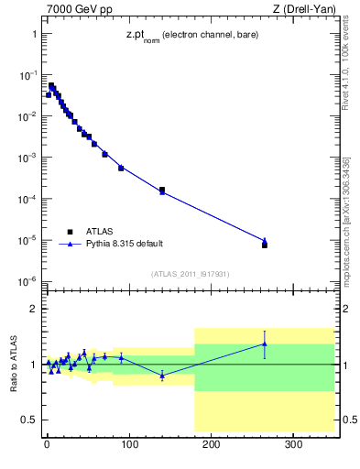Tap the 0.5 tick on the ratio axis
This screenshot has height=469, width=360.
(x=30, y=420)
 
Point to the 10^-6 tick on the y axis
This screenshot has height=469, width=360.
(x=27, y=281)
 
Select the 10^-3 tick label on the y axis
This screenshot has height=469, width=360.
(x=27, y=158)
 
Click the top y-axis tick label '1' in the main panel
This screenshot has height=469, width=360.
(x=34, y=34)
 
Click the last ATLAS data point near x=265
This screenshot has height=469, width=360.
(x=265, y=245)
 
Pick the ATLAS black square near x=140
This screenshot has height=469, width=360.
(x=162, y=190)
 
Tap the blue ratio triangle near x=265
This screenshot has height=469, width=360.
(x=265, y=344)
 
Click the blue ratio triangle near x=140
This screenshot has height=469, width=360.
(x=162, y=376)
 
